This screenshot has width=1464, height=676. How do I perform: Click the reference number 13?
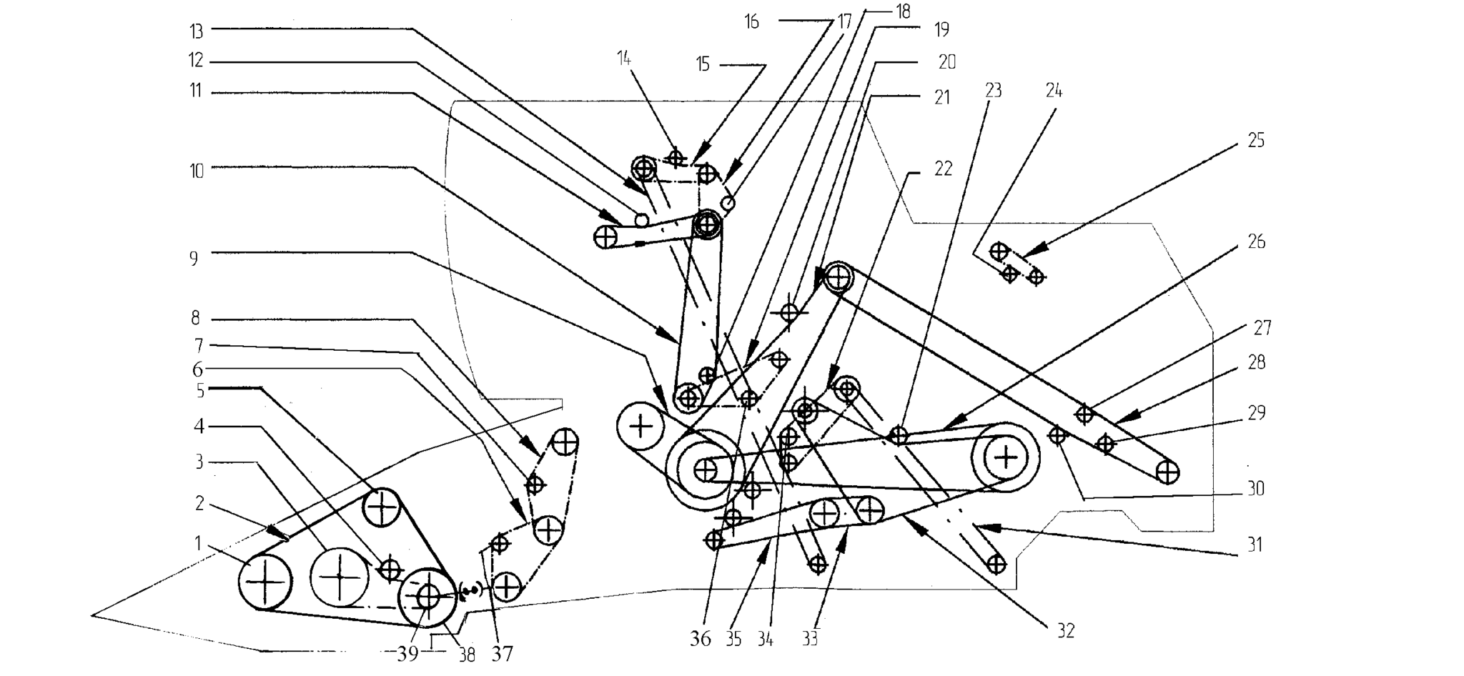pyautogui.click(x=196, y=31)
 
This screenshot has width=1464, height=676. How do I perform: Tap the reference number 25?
pyautogui.click(x=1256, y=141)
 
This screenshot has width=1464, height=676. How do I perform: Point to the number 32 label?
pyautogui.click(x=1065, y=631)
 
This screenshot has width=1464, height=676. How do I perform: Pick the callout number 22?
pyautogui.click(x=944, y=169)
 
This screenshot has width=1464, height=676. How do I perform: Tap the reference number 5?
pyautogui.click(x=200, y=391)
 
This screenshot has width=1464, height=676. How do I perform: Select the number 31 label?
pyautogui.click(x=1255, y=545)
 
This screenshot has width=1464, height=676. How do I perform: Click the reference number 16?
pyautogui.click(x=751, y=22)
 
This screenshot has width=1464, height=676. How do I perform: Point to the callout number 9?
pyautogui.click(x=194, y=259)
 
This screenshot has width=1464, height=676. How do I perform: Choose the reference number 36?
pyautogui.click(x=701, y=639)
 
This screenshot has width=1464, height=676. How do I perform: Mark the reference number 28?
pyautogui.click(x=1256, y=363)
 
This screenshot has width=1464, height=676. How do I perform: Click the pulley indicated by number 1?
pyautogui.click(x=264, y=582)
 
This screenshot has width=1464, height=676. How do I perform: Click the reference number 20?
pyautogui.click(x=947, y=63)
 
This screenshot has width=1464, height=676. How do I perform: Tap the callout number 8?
pyautogui.click(x=195, y=318)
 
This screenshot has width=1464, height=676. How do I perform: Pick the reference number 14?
pyautogui.click(x=624, y=59)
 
